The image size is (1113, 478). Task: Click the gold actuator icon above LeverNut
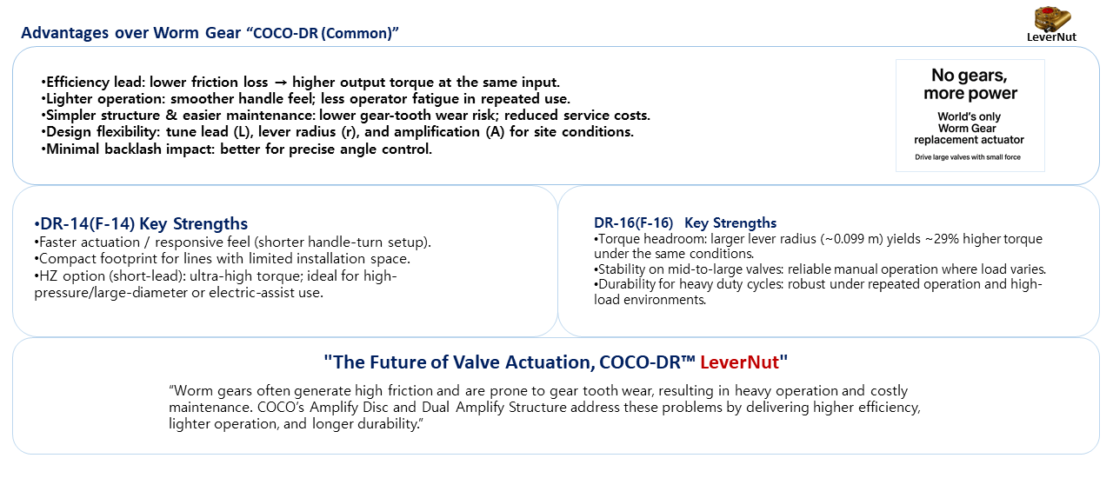pos(1052,18)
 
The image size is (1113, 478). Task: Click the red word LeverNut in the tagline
pos(739,362)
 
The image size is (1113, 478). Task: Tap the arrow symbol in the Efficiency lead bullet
pos(280,83)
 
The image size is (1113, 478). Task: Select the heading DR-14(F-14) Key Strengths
pos(141,223)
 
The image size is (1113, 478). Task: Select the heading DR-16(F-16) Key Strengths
pos(685,223)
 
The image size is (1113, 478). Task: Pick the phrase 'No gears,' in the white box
pos(970,76)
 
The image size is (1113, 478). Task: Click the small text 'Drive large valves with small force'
pos(968,157)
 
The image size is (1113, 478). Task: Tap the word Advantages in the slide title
pos(64,33)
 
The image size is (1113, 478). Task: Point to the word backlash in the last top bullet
pos(132,149)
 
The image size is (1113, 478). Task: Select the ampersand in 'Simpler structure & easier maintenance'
pos(171,116)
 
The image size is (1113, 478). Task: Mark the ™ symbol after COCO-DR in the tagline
pos(688,359)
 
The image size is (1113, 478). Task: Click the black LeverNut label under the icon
pos(1052,37)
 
